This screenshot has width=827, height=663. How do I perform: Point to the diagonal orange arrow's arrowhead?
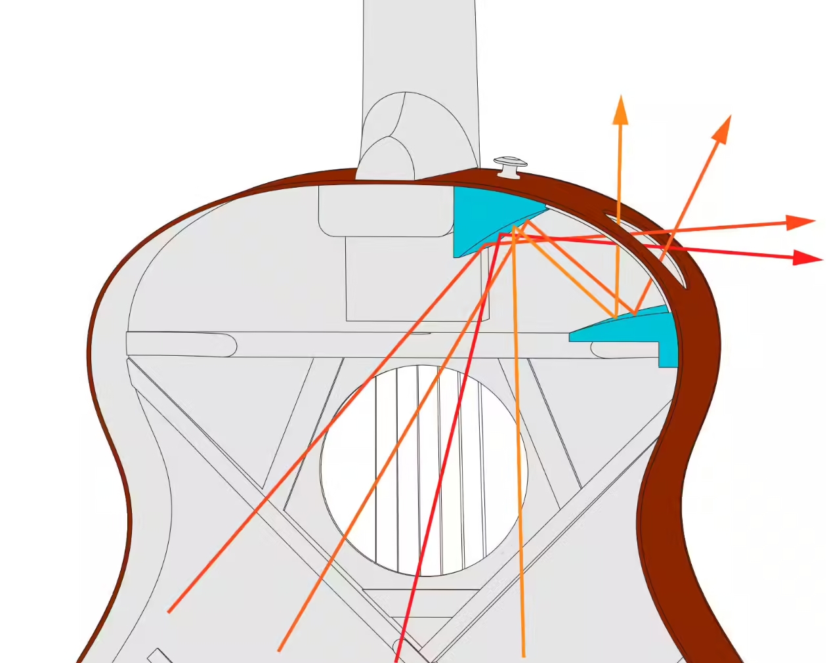pyautogui.click(x=723, y=128)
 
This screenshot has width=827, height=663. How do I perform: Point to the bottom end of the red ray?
pyautogui.click(x=396, y=658)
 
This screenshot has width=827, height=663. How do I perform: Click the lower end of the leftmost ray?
pyautogui.click(x=169, y=611)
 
